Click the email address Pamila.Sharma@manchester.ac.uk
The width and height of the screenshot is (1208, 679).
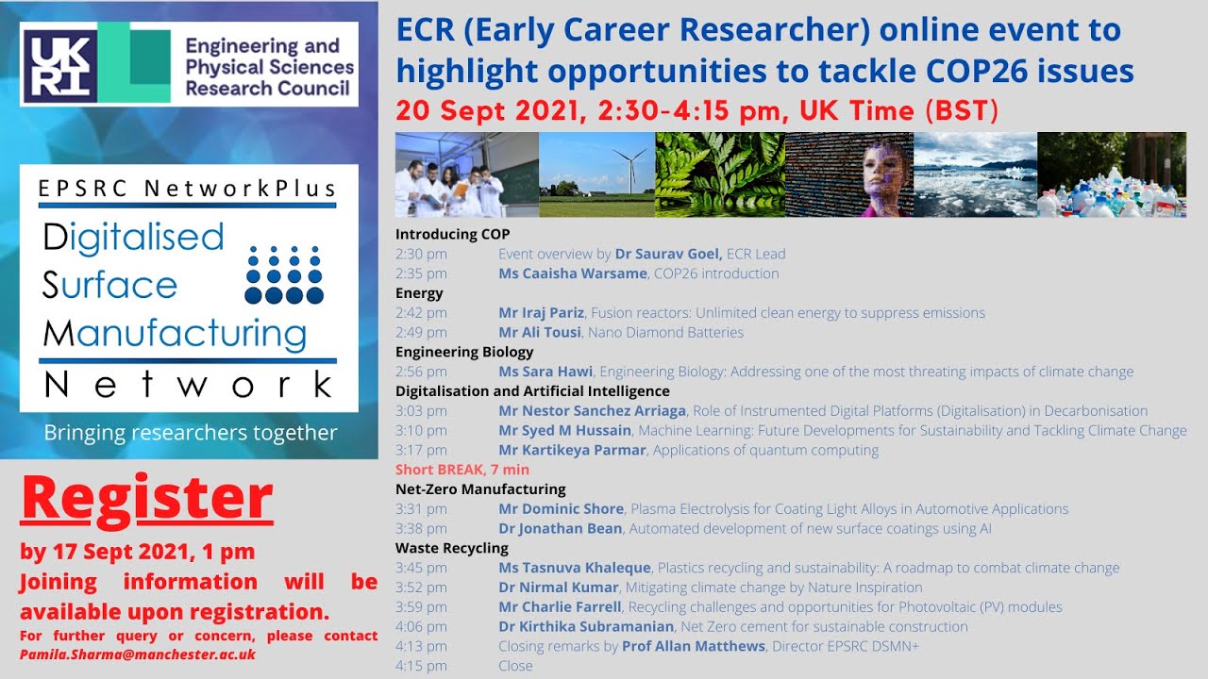click(138, 654)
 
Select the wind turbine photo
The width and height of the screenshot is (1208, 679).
click(596, 174)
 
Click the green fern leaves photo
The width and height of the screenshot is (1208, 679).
click(719, 174)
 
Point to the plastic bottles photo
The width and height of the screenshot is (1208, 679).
click(1112, 174)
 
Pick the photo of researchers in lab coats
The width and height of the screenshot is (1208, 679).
click(466, 174)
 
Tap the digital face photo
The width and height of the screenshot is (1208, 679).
click(848, 174)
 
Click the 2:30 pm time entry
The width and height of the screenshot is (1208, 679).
click(421, 254)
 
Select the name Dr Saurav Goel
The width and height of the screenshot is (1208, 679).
click(668, 254)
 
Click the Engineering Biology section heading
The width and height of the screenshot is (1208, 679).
click(464, 352)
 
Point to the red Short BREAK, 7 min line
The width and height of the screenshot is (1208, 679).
click(462, 470)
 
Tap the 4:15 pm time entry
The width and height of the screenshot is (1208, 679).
click(421, 666)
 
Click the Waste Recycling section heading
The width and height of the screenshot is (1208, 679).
click(452, 548)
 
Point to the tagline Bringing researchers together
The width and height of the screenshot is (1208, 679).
click(191, 433)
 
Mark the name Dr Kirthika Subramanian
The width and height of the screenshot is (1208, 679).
click(586, 626)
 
